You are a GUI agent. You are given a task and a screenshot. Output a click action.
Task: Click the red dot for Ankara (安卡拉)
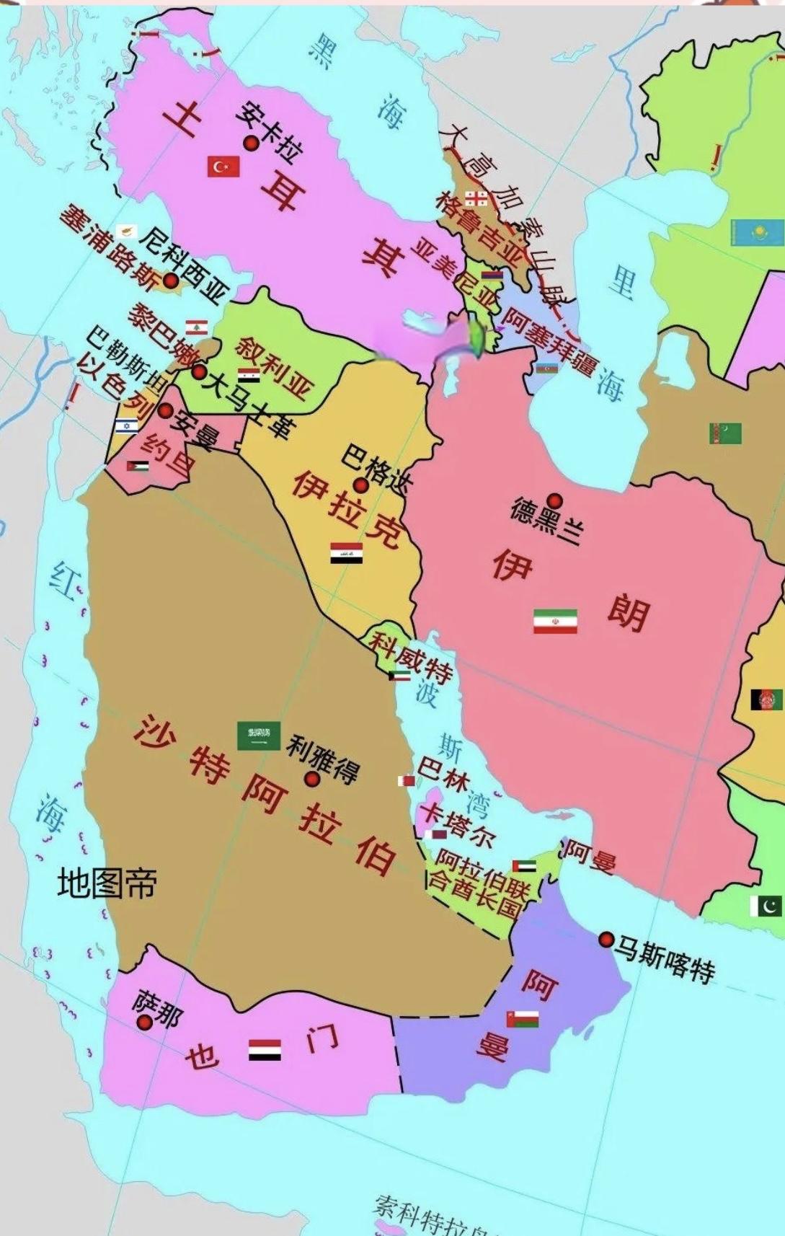251,144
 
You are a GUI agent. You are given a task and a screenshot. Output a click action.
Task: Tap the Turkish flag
223,167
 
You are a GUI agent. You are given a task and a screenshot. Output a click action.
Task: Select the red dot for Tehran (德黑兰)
554,500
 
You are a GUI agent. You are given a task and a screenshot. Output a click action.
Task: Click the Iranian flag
555,621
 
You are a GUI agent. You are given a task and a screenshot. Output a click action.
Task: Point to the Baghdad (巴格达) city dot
360,485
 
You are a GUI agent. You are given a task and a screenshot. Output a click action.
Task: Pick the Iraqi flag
346,553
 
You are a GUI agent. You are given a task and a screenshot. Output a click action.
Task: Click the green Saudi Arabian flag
259,735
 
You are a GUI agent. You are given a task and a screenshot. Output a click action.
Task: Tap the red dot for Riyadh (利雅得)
312,779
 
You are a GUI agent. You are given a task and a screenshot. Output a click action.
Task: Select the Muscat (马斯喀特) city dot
606,939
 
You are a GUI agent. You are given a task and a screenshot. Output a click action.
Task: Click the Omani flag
523,1019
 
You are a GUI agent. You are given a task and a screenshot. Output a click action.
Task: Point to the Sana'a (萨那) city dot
145,1022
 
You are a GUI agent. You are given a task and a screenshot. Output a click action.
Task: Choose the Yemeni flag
265,1050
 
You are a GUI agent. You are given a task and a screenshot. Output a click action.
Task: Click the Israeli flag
126,425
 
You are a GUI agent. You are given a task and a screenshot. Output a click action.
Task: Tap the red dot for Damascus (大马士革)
198,372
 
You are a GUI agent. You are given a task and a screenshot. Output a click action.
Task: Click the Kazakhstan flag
756,232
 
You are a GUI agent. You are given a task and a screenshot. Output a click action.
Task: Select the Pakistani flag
766,906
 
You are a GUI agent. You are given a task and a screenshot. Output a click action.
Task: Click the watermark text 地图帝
107,883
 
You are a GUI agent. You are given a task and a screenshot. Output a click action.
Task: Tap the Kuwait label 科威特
410,654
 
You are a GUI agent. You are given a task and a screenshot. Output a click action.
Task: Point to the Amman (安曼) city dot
165,411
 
